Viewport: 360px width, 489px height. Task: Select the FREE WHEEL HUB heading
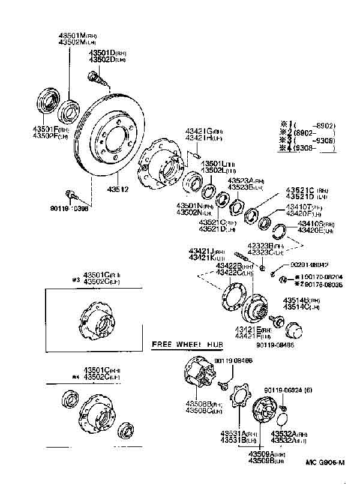click(187, 345)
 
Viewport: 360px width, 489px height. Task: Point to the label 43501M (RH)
click(81, 35)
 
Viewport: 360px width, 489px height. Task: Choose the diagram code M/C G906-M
click(324, 462)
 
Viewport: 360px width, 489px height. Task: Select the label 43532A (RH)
click(289, 433)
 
